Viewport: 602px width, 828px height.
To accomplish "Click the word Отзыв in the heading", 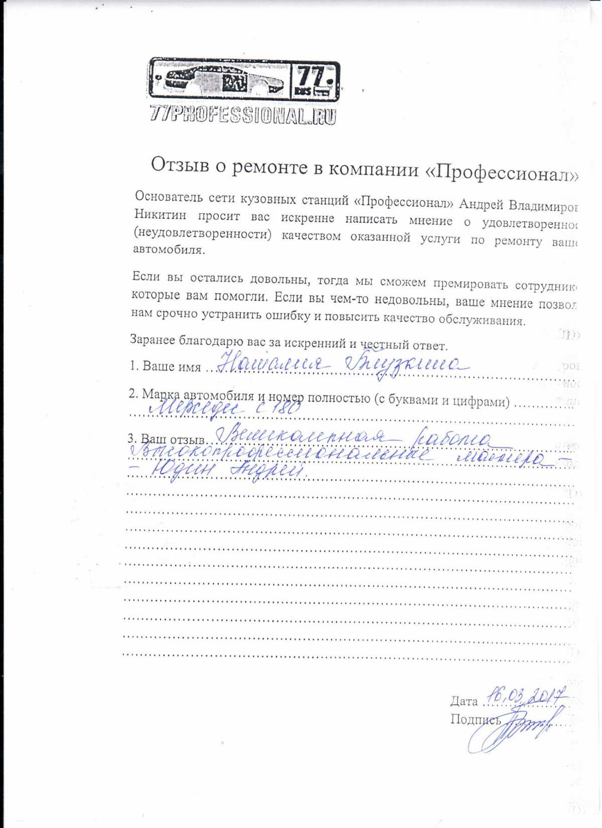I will coord(180,165).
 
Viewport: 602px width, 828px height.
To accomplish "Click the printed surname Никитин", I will coord(160,215).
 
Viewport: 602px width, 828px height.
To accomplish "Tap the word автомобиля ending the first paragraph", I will coord(169,249).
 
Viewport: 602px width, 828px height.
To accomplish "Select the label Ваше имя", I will coord(172,366).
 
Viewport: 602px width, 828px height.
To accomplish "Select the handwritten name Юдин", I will coord(183,471).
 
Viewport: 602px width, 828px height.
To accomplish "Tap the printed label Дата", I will coord(464,701).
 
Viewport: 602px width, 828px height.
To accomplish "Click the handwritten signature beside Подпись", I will coord(517,728).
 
